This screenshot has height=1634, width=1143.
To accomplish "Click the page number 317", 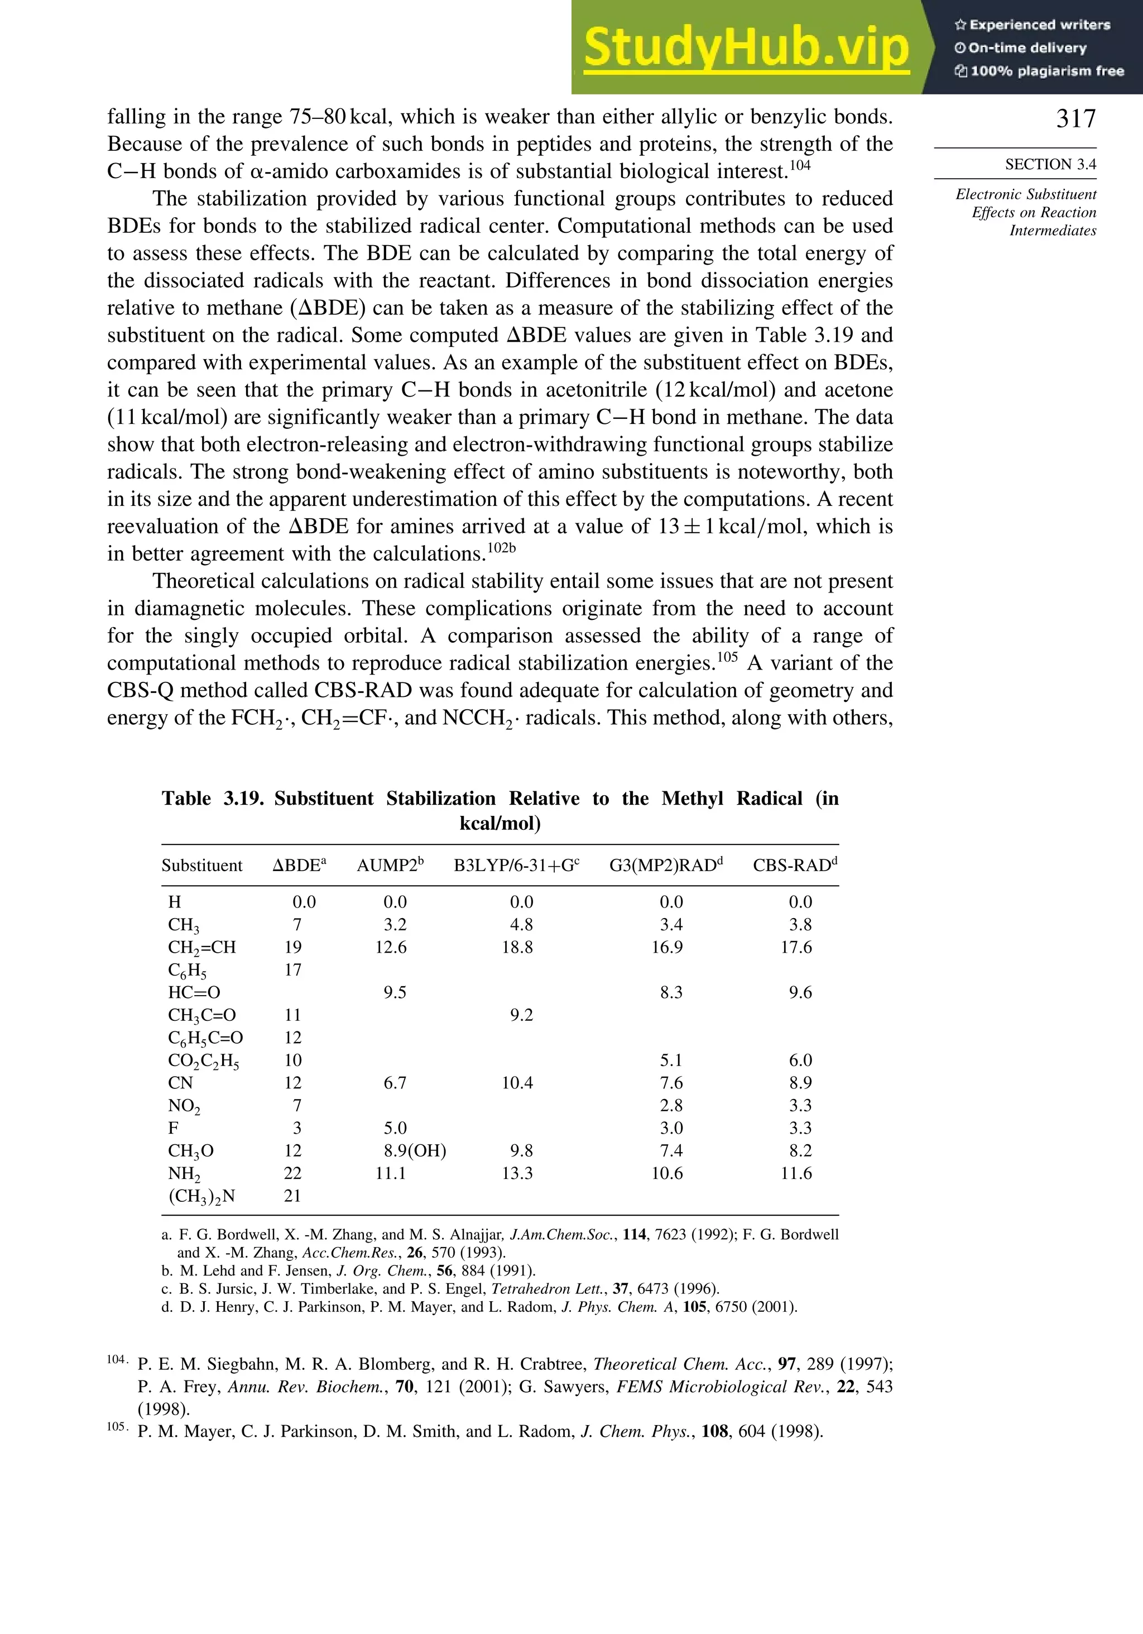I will [x=1075, y=118].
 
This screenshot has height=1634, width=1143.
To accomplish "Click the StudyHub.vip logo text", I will [x=746, y=47].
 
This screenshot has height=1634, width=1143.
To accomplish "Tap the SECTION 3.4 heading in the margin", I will [x=1050, y=164].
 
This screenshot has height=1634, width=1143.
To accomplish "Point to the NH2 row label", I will [x=184, y=1173].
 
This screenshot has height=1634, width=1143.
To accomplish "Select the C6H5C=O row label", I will [x=205, y=1038].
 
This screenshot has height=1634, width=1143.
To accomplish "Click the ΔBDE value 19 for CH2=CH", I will [x=292, y=947].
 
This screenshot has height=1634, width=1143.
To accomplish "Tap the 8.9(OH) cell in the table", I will [x=415, y=1151].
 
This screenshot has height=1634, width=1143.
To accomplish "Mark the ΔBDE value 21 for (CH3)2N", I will [x=292, y=1196].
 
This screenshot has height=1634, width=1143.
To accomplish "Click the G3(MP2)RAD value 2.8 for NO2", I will [x=671, y=1105].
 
